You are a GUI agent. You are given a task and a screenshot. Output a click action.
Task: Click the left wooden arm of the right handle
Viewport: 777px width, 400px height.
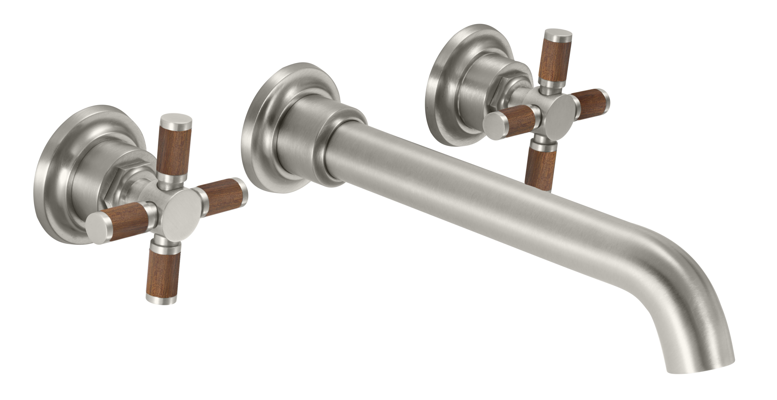(518, 119)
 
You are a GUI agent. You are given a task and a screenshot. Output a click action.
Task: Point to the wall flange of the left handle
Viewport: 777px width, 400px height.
(51, 181)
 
